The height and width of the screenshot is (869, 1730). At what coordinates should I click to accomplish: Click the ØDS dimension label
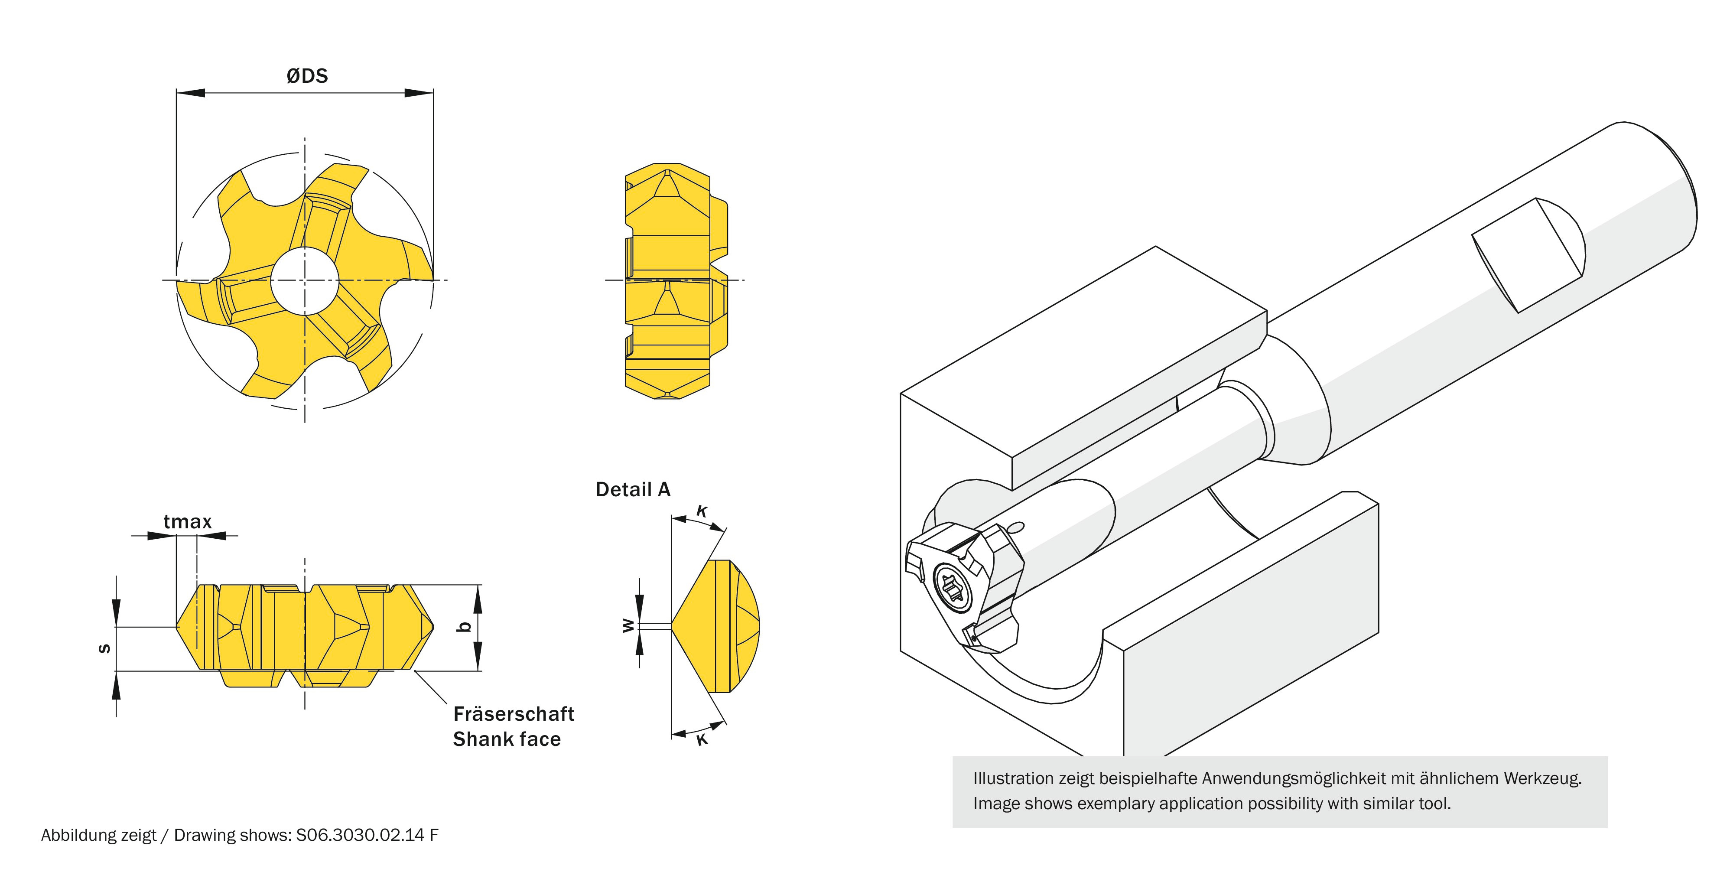point(307,76)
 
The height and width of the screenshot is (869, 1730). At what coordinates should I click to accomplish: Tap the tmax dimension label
point(187,522)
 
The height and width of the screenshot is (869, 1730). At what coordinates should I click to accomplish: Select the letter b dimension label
point(463,627)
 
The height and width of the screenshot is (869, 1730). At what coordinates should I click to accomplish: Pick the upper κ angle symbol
point(702,512)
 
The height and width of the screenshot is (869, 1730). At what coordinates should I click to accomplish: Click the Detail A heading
point(633,490)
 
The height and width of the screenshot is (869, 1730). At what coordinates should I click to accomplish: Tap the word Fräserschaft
point(514,713)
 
